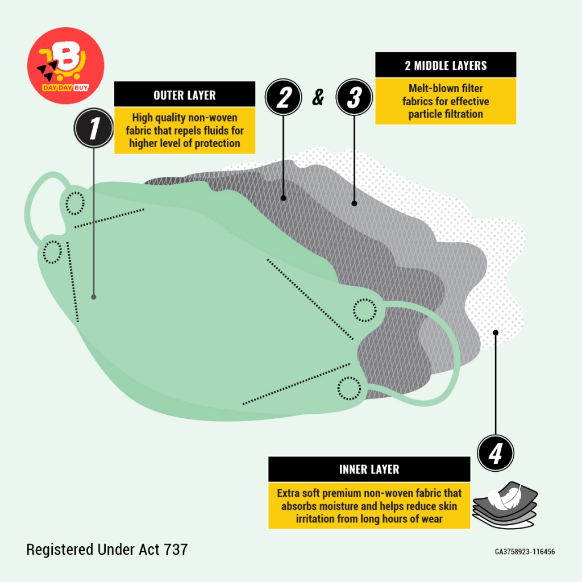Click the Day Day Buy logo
(x=66, y=65)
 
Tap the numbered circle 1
(x=94, y=128)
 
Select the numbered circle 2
(x=283, y=97)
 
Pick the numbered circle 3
(x=354, y=97)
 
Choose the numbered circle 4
(x=496, y=453)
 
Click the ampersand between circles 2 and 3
(x=318, y=97)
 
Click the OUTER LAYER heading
(x=185, y=95)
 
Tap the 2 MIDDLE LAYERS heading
(x=446, y=66)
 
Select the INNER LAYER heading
(x=369, y=469)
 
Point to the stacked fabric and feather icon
(x=505, y=504)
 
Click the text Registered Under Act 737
(x=107, y=550)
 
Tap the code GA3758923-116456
(x=525, y=551)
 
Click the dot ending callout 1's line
(x=94, y=297)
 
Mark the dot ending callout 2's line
(x=283, y=198)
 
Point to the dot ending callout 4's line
(x=496, y=332)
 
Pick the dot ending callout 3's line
(x=354, y=203)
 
